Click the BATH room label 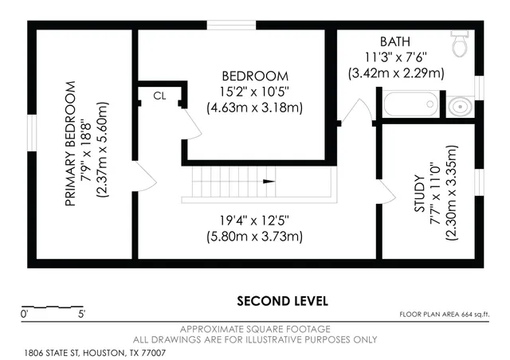[x=396, y=41]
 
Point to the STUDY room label [x=419, y=193]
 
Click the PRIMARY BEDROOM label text [x=70, y=143]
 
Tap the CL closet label [x=159, y=96]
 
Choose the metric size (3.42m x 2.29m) [x=396, y=72]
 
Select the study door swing [x=387, y=190]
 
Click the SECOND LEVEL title [x=282, y=301]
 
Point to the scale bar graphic [x=51, y=306]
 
